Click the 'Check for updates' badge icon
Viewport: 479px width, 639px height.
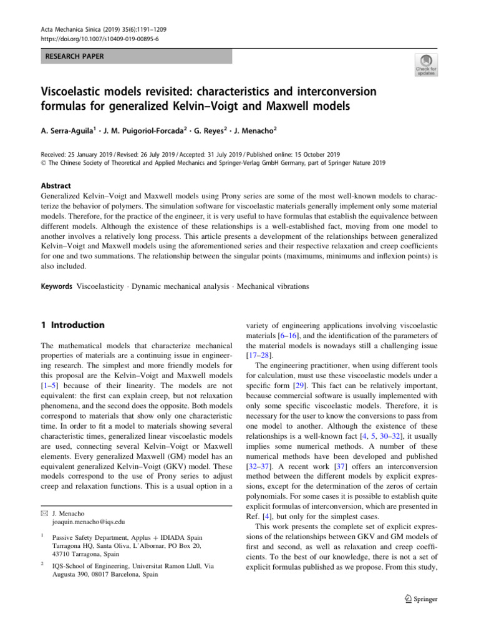426,64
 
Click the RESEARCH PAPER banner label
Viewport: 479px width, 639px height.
73,57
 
